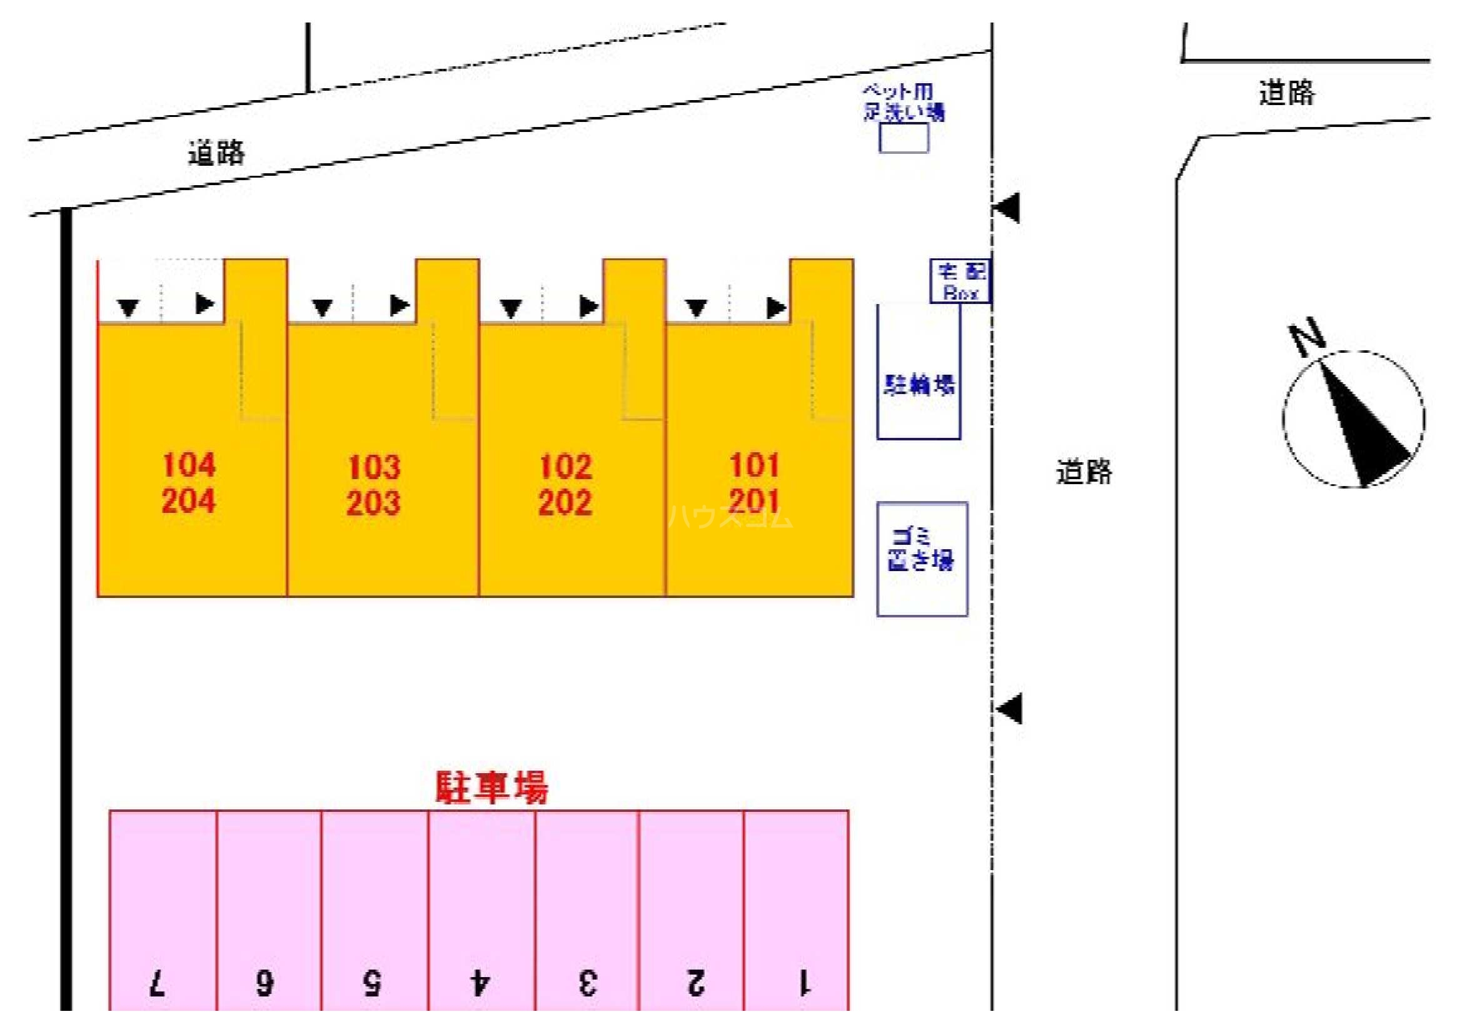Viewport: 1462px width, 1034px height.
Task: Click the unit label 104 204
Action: (188, 483)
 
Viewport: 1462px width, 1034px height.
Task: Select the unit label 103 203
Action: (374, 485)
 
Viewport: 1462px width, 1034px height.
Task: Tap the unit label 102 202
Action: (565, 485)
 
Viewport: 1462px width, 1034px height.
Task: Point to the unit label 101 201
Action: (755, 483)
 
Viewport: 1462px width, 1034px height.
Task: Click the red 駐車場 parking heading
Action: (492, 788)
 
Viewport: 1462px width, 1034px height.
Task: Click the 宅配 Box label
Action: (960, 281)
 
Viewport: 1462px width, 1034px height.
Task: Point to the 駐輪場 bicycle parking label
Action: (919, 385)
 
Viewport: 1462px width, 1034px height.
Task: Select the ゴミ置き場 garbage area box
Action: (922, 559)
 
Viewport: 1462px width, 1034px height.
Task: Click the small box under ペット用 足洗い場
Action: (904, 138)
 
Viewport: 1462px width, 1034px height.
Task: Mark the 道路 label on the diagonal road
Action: (216, 153)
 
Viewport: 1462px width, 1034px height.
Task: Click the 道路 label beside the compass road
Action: (1084, 472)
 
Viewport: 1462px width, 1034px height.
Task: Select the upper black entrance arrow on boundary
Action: (1008, 208)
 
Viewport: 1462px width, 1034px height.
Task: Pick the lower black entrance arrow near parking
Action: (1010, 709)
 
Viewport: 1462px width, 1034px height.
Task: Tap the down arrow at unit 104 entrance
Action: (129, 308)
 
